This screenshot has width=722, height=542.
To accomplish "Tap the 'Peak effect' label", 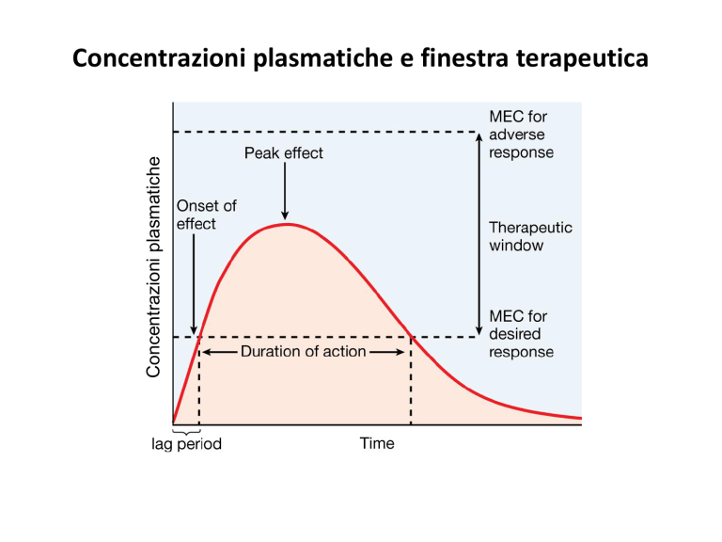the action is (284, 153).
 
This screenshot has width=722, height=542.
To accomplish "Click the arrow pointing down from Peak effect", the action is (285, 191).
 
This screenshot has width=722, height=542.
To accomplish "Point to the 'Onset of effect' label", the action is (206, 215).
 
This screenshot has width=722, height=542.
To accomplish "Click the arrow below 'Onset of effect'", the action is (194, 284).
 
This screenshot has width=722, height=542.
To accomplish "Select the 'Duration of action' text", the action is (304, 352).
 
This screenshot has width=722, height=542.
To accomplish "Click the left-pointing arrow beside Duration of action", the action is (220, 352).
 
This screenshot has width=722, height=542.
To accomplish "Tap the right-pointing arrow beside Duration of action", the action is (386, 352).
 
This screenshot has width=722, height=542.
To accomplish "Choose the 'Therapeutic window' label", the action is (530, 236).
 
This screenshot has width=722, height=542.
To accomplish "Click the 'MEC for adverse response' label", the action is (521, 135).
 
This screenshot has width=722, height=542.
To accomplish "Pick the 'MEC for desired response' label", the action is (521, 334).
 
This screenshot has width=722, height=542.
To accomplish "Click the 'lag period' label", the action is (186, 443).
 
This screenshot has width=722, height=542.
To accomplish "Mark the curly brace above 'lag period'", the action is (186, 432).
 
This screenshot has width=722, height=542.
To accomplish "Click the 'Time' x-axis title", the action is (377, 443).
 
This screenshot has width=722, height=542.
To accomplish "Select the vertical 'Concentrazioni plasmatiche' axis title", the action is (153, 267).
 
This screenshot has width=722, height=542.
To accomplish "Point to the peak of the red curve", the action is (288, 224).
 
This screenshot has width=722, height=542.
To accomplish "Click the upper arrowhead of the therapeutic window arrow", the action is (479, 136).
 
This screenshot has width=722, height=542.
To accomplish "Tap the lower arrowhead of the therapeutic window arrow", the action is (479, 331).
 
